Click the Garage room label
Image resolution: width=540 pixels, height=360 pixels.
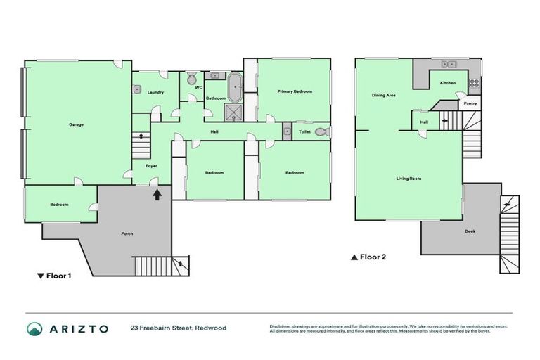point(76,124)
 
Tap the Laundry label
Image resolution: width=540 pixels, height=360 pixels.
point(155,92)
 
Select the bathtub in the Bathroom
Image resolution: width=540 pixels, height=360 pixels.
point(236,88)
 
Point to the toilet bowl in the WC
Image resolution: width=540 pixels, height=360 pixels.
point(191,78)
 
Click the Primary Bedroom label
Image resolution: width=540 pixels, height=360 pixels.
point(294,91)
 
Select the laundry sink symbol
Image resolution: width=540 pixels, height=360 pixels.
point(137,89)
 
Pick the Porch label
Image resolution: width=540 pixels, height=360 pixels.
point(127,233)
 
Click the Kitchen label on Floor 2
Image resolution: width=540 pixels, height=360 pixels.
point(448,83)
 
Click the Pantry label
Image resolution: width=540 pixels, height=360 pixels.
point(470,103)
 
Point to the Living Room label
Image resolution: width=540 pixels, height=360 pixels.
point(409,179)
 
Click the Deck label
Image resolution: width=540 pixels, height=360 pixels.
point(470,231)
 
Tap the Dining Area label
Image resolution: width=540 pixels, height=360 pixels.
point(383,94)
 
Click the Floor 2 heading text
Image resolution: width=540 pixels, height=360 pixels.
point(373,257)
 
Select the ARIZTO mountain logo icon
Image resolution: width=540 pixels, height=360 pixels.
point(34,328)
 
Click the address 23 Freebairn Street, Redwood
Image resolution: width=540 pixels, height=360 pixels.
point(178,328)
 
